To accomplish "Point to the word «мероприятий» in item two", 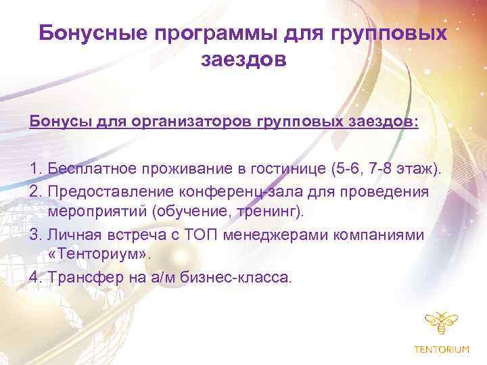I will (x=97, y=212).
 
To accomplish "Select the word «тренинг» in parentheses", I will (x=268, y=212).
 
